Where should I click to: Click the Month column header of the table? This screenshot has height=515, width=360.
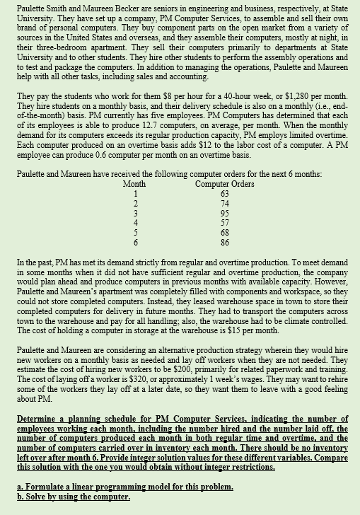[x=134, y=184]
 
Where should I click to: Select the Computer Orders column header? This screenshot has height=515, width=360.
[x=224, y=184]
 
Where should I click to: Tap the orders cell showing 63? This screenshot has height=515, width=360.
[x=225, y=193]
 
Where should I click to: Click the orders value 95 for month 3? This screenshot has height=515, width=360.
[x=225, y=212]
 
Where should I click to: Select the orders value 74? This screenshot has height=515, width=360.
[x=225, y=202]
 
